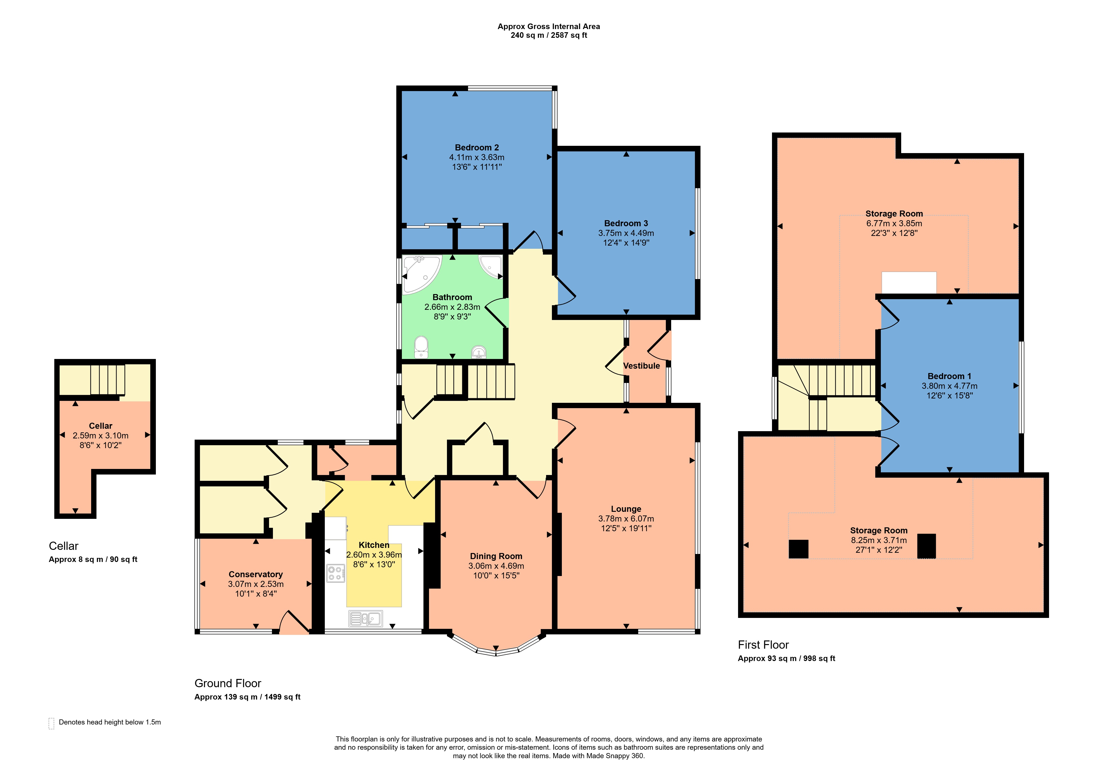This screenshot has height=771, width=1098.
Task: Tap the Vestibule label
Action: [641, 366]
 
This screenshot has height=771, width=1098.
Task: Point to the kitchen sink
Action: [366, 619]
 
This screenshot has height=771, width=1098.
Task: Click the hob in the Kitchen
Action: [336, 573]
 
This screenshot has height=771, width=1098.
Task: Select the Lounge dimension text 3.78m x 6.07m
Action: [626, 519]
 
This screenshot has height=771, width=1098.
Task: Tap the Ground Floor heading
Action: [228, 683]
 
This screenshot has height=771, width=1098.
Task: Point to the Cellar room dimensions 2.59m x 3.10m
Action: [100, 436]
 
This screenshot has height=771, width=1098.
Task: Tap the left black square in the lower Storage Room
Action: [798, 549]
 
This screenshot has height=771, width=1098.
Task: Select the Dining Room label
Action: [496, 556]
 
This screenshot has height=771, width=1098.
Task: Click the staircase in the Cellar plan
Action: [108, 380]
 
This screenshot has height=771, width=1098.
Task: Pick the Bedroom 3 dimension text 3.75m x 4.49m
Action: [626, 233]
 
